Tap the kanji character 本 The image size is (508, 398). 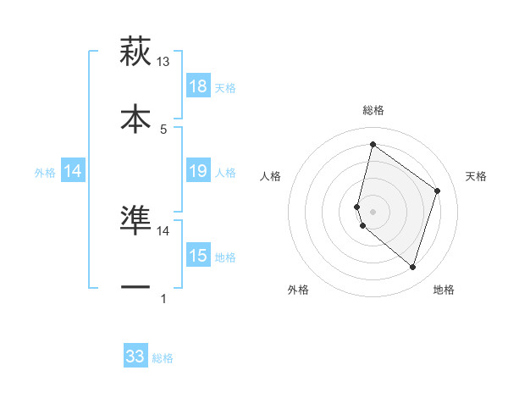135,119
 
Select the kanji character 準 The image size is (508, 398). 135,220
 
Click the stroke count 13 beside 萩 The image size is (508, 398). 163,62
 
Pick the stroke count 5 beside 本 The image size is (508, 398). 163,129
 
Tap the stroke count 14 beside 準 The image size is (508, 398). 163,230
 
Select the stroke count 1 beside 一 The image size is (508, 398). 163,298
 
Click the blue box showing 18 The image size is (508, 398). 198,86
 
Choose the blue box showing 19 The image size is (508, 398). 198,171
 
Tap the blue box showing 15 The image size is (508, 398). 198,256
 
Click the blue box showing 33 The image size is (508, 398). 135,357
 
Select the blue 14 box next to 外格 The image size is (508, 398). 73,171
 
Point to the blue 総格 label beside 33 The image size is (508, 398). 163,358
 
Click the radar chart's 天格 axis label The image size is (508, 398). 476,176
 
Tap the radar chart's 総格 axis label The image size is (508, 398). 373,110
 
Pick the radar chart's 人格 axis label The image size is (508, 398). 271,176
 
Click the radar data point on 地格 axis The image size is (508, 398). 412,268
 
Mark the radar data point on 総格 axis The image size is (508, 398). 373,145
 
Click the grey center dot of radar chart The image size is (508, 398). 373,211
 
